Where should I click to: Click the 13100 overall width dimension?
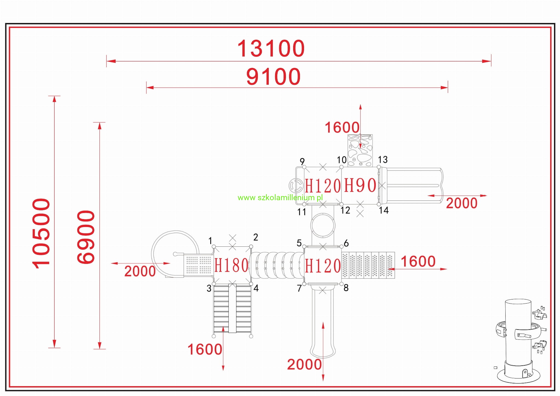tap(271, 48)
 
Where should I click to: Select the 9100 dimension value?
tap(273, 77)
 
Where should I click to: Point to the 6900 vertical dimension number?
tap(86, 237)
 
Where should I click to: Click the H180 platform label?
tap(231, 265)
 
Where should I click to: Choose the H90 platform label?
tap(360, 185)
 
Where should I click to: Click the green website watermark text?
tap(280, 197)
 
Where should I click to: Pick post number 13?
tap(383, 159)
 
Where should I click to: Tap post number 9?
tap(302, 161)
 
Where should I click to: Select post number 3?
tap(209, 288)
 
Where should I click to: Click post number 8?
tap(346, 288)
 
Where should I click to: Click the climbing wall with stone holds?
tap(360, 150)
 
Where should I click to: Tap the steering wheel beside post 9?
tap(296, 186)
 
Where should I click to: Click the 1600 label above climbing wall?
tap(342, 127)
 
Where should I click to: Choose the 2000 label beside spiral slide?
tap(140, 271)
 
